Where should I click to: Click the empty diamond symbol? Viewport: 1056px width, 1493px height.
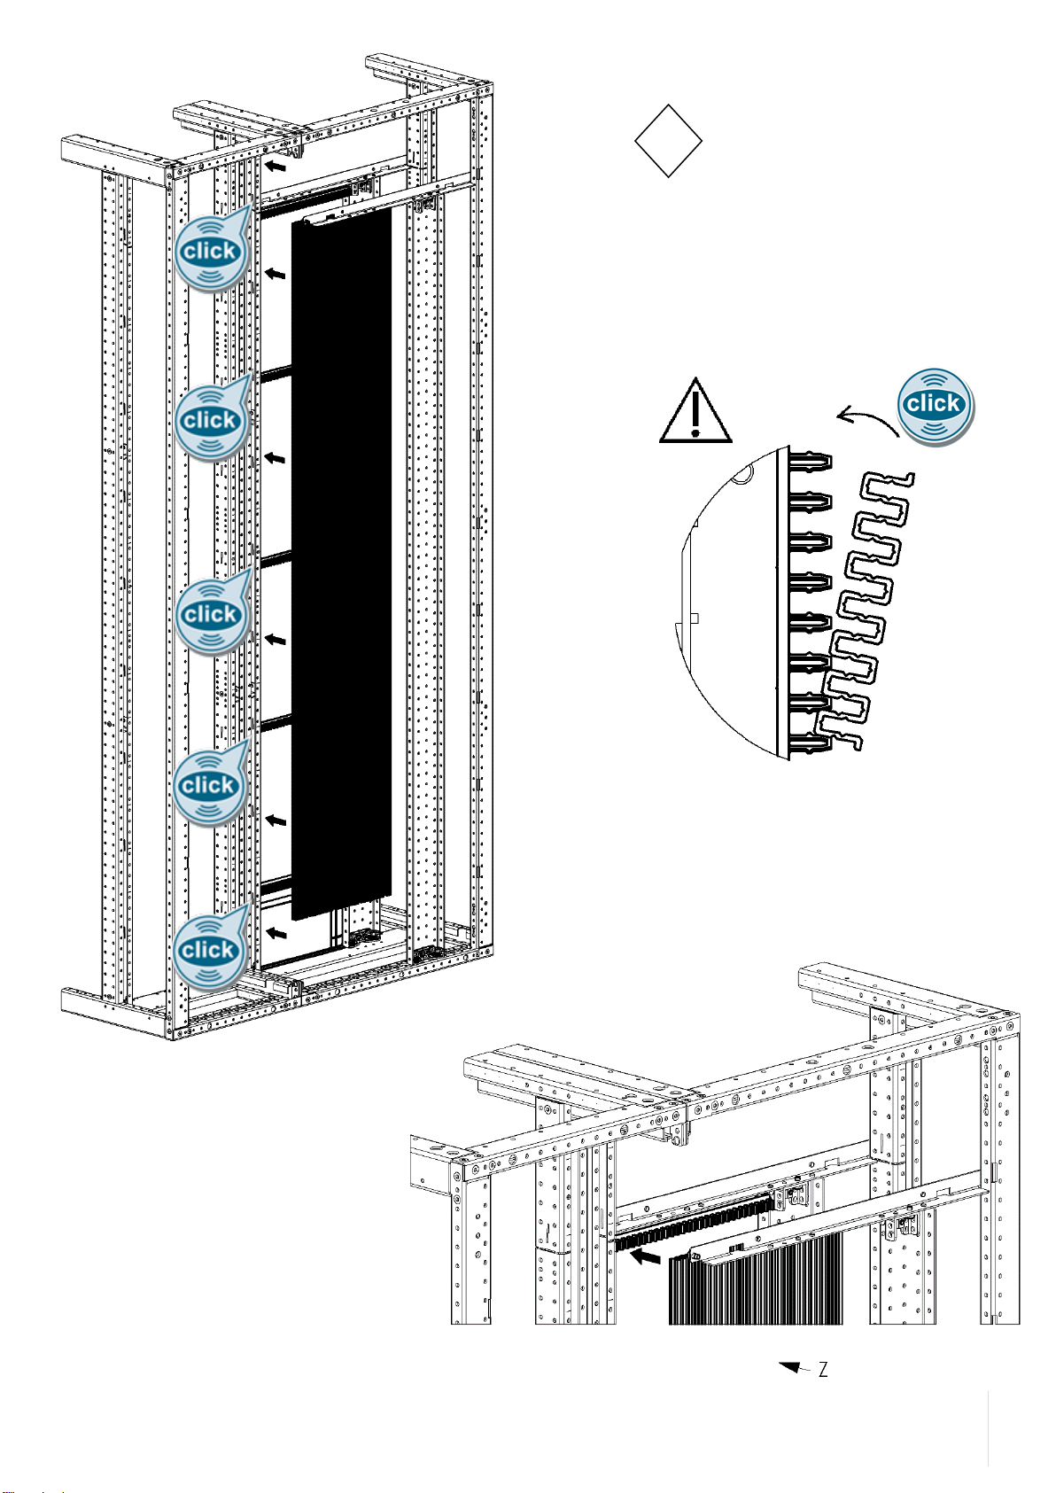coord(668,141)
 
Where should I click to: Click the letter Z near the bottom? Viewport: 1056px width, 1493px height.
coord(824,1370)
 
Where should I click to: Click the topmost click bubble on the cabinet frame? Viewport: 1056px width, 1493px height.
coord(213,249)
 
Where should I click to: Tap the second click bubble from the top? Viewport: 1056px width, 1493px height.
coord(213,418)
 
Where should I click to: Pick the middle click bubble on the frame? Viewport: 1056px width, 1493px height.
coord(213,612)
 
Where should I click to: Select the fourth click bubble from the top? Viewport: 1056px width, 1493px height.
coord(211,783)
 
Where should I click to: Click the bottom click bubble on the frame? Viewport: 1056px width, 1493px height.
coord(211,948)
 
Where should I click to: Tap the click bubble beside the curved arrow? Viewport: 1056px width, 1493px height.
coord(935,405)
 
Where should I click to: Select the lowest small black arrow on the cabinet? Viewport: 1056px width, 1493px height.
coord(276,932)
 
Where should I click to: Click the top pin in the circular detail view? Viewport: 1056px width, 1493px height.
coord(810,462)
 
